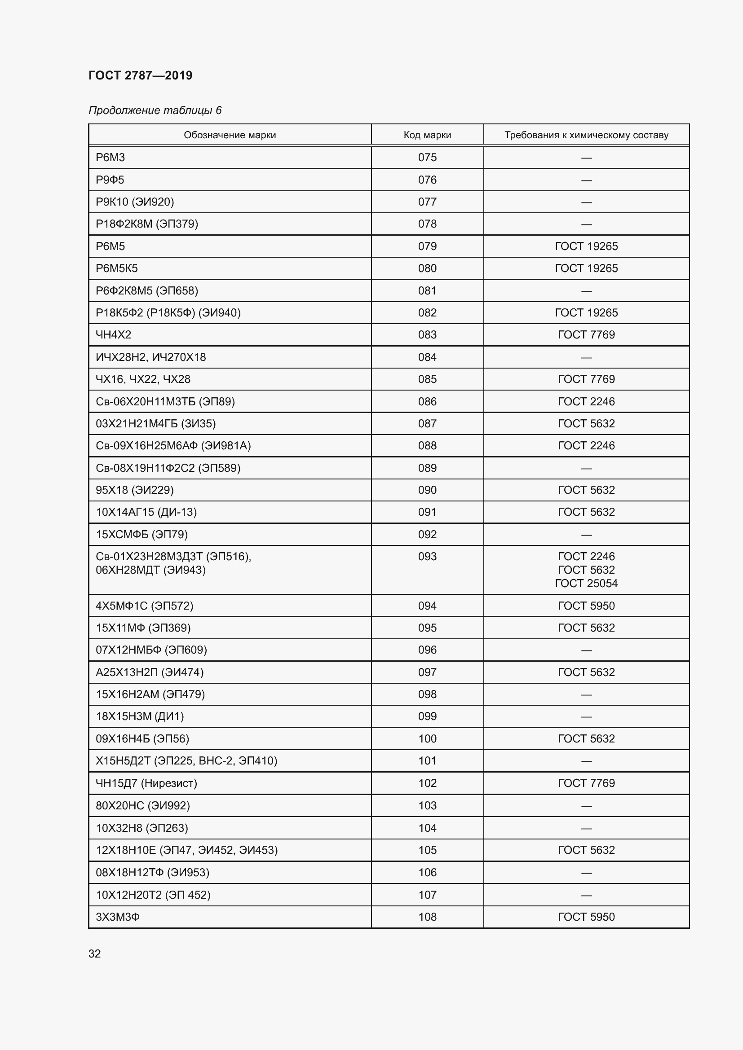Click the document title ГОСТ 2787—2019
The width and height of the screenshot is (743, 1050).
[141, 75]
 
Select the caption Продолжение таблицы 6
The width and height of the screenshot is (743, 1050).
[155, 110]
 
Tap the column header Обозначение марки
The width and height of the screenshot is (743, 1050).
[230, 135]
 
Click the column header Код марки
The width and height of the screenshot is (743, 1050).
[427, 135]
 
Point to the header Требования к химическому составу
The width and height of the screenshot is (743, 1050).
[586, 135]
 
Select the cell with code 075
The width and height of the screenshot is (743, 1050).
[427, 157]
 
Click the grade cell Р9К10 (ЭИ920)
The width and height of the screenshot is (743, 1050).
[134, 202]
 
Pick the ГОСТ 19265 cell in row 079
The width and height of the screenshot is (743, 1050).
[586, 246]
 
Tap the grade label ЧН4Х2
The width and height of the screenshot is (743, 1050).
[114, 335]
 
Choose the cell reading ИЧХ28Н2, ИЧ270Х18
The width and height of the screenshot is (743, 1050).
[150, 357]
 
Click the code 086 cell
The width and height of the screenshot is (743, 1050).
[427, 401]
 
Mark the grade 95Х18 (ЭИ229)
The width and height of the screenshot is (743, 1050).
[134, 490]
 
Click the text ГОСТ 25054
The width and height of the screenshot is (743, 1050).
[586, 584]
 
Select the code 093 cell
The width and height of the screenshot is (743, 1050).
[427, 557]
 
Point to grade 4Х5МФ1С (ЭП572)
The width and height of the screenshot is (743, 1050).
[144, 606]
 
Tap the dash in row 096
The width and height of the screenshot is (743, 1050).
[586, 650]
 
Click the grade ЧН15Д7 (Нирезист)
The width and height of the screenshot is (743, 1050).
[146, 783]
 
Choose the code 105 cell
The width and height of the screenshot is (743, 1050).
[427, 850]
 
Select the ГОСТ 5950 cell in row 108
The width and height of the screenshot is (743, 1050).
[586, 917]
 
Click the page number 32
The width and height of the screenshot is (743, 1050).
[95, 954]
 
